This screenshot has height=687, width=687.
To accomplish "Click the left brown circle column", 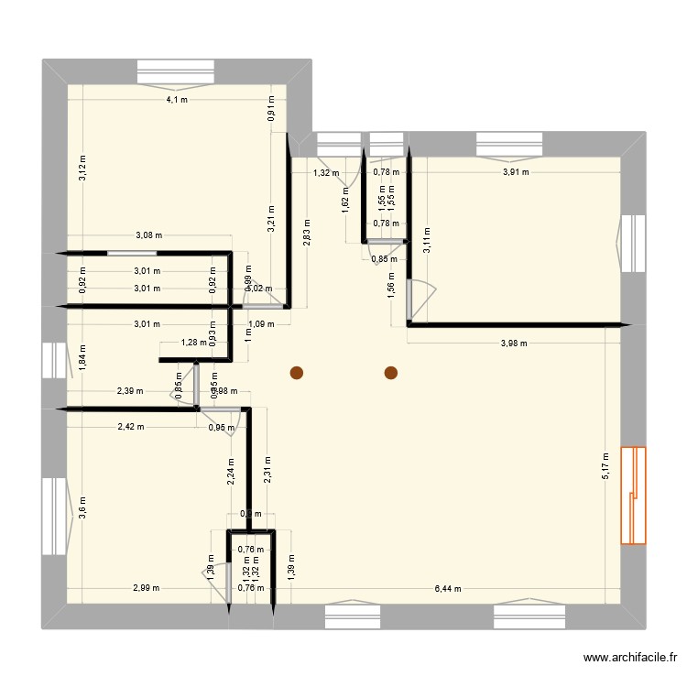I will (296, 373).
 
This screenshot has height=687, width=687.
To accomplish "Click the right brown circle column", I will (391, 373).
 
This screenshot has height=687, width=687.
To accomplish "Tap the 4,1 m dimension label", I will (177, 100).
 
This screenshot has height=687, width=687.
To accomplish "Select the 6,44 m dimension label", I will (448, 589).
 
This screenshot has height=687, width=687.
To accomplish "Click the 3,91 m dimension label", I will (516, 171).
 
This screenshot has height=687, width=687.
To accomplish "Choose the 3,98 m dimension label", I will (514, 343).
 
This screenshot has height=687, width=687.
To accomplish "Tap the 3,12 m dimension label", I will (82, 168).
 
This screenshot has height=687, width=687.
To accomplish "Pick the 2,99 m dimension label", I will (145, 589).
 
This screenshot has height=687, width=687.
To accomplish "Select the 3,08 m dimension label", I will (148, 235).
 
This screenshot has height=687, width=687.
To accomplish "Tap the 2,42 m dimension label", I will (130, 427).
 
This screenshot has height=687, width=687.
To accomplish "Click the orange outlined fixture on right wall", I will (633, 495).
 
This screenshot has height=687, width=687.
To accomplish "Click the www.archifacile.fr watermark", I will (631, 658).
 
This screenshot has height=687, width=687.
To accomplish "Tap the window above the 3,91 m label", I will (510, 144).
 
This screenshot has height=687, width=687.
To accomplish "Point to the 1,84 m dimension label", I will (82, 355).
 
